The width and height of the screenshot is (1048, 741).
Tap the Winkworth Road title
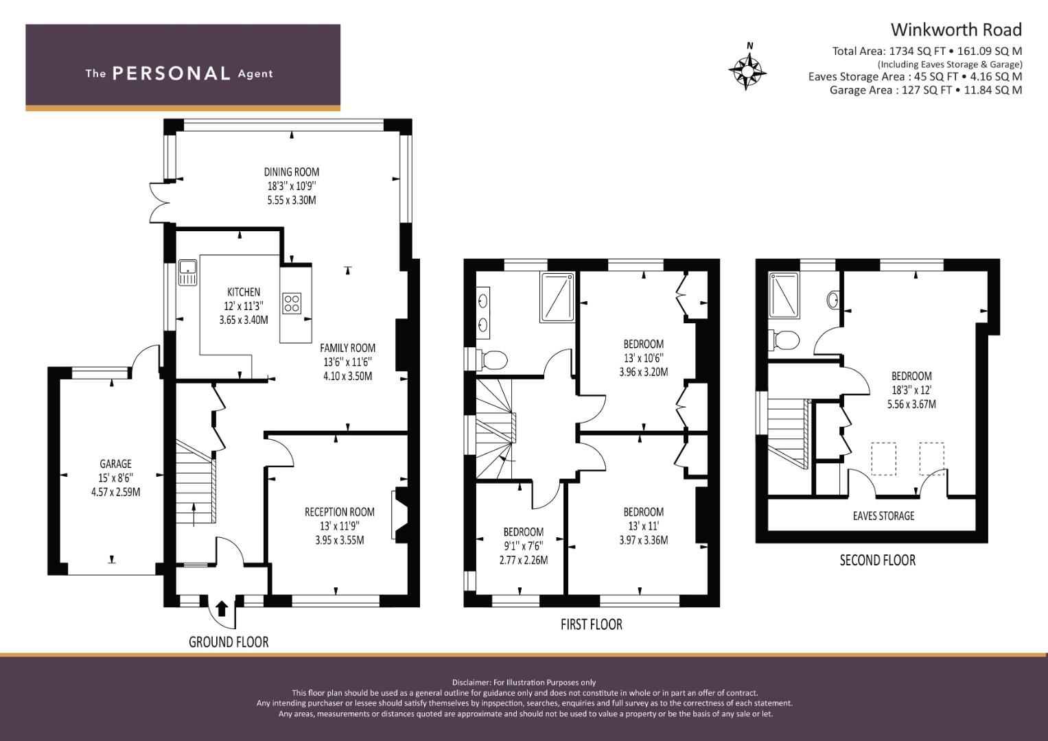[955, 30]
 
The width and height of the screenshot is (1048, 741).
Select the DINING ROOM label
[292, 172]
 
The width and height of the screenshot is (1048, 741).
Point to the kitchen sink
[187, 273]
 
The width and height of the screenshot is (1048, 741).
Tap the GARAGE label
[115, 464]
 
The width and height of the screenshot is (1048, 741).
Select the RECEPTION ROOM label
[340, 512]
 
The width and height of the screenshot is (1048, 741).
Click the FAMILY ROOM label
[347, 348]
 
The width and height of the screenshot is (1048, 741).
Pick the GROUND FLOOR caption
[229, 642]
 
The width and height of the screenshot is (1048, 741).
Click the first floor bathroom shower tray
[557, 296]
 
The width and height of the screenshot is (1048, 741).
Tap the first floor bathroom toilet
[493, 358]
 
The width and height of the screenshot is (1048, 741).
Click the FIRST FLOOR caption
[591, 624]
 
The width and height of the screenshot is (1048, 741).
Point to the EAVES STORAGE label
[883, 516]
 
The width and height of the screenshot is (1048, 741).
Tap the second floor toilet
[784, 340]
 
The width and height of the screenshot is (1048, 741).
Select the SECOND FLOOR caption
[877, 561]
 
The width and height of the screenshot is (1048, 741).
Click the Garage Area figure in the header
[925, 90]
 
